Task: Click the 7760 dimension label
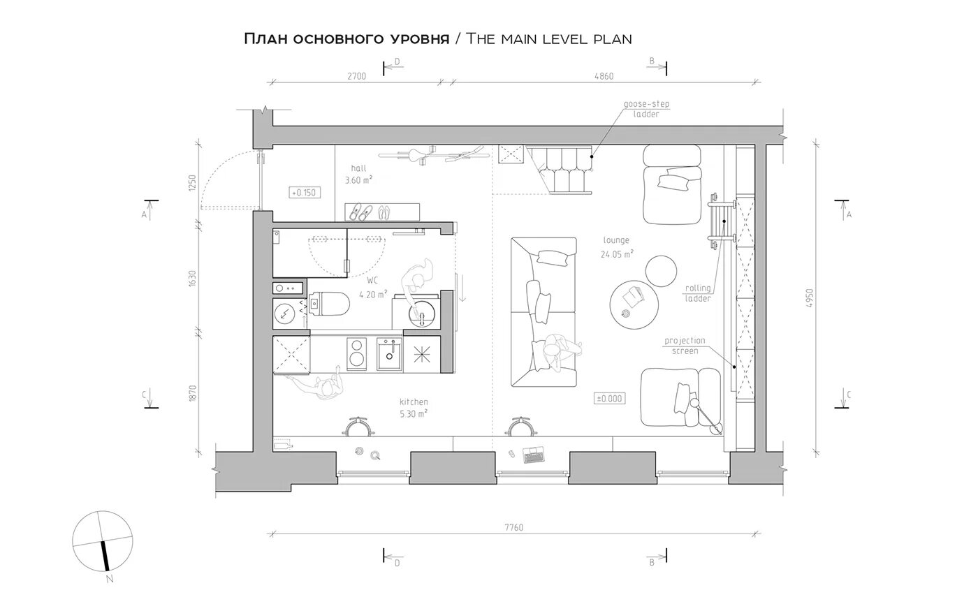(x=514, y=527)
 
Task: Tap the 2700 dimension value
(x=357, y=76)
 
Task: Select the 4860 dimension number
(x=604, y=76)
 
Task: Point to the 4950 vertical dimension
(x=810, y=298)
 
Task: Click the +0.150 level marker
(x=305, y=193)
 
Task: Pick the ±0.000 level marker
(x=609, y=399)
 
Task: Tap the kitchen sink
(x=390, y=354)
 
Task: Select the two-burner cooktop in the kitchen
(x=357, y=354)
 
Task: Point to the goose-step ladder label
(x=646, y=109)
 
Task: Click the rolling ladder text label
(x=698, y=293)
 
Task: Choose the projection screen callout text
(x=685, y=346)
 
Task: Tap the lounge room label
(x=616, y=240)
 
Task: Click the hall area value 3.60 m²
(x=358, y=180)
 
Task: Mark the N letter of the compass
(x=110, y=579)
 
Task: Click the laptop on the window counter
(x=534, y=455)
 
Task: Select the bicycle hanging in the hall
(x=432, y=154)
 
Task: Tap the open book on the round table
(x=634, y=297)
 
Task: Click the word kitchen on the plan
(x=414, y=402)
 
